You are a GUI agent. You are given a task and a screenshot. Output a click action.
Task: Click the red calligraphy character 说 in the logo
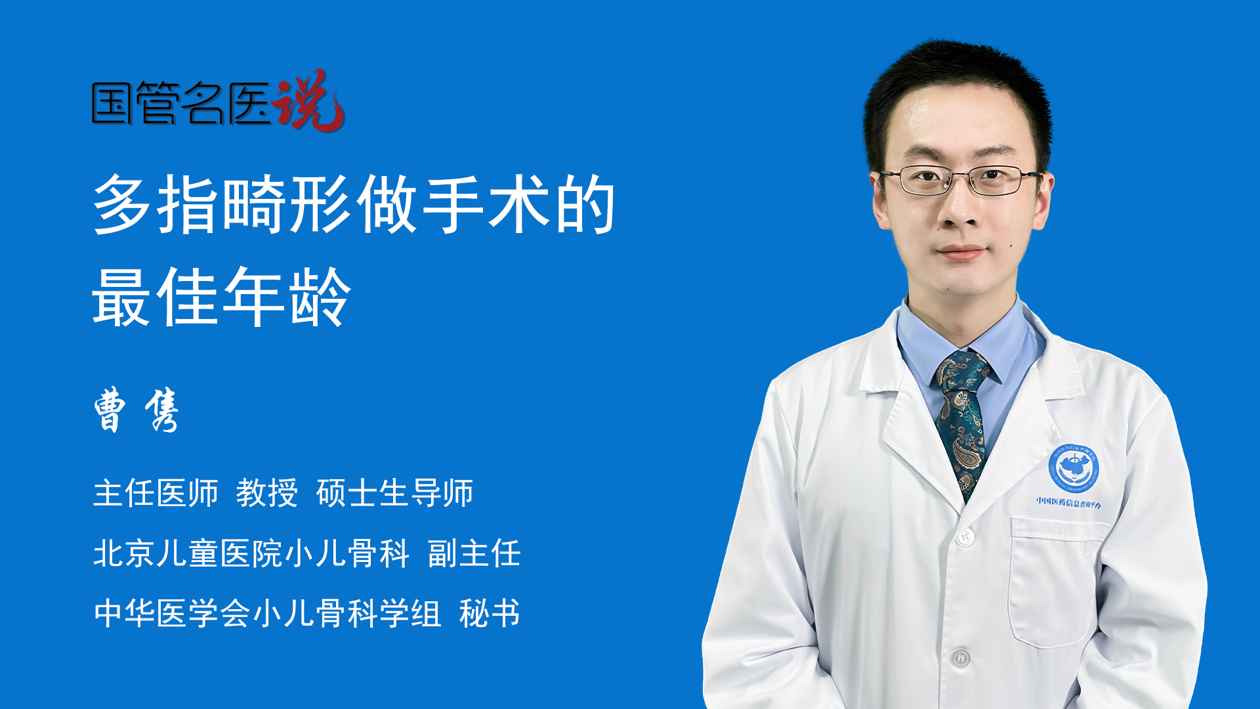[x=308, y=100]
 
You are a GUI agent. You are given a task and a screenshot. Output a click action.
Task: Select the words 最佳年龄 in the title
[x=222, y=297]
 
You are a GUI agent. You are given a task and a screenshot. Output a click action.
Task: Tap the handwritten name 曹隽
[x=136, y=410]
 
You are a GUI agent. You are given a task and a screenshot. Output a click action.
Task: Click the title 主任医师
[x=156, y=493]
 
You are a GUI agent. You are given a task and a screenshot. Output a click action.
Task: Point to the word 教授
[x=267, y=493]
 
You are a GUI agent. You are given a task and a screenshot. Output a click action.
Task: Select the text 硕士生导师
[x=394, y=493]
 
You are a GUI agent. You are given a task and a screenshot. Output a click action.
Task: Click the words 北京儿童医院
[x=188, y=553]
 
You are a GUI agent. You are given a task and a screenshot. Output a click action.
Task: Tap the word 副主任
[x=474, y=553]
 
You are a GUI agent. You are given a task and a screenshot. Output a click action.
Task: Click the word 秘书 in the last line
[x=490, y=614]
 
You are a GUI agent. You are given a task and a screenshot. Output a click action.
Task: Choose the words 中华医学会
[x=172, y=614]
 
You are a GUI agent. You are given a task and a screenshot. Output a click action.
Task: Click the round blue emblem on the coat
[x=1073, y=468]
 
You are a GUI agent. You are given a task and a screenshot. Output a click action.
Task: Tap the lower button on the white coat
[x=960, y=657]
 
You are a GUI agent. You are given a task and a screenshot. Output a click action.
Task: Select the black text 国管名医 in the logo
[x=181, y=103]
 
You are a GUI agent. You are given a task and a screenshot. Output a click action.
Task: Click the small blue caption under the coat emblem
[x=1069, y=502]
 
